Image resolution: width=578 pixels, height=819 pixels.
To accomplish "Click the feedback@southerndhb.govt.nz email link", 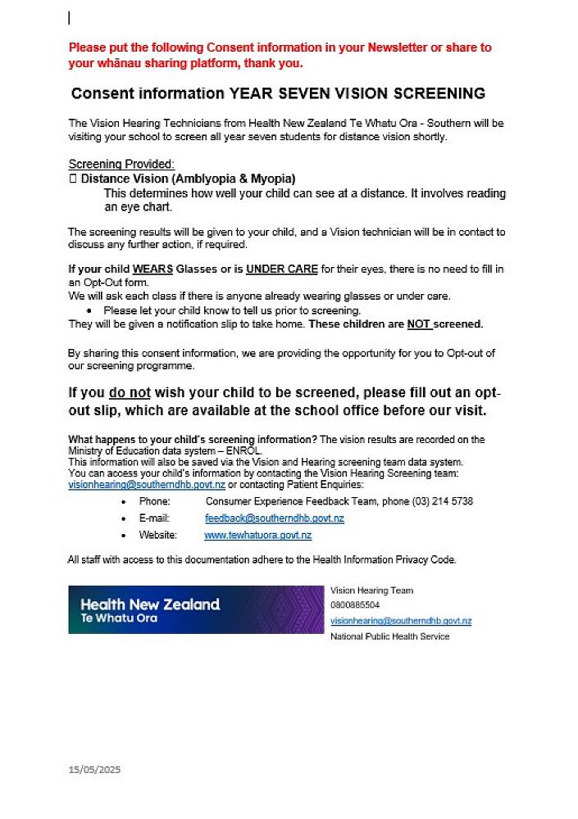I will (274, 518).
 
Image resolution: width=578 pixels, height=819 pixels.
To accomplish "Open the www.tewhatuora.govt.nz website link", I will (257, 536).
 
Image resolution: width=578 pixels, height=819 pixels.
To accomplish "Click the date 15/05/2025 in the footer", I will (94, 770).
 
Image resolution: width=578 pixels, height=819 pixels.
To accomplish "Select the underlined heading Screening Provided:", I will (121, 164).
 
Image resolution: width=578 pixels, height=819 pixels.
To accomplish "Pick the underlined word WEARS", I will (152, 269).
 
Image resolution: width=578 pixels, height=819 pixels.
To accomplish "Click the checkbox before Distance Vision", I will (72, 178).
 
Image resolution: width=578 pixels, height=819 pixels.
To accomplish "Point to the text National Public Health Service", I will (389, 636).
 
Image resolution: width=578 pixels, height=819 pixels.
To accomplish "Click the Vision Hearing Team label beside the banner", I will (371, 590).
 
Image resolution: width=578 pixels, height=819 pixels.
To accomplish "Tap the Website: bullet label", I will (157, 536).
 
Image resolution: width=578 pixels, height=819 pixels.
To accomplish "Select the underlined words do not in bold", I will (128, 393).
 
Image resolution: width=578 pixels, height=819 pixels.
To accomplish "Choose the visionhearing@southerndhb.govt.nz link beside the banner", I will (400, 621).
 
